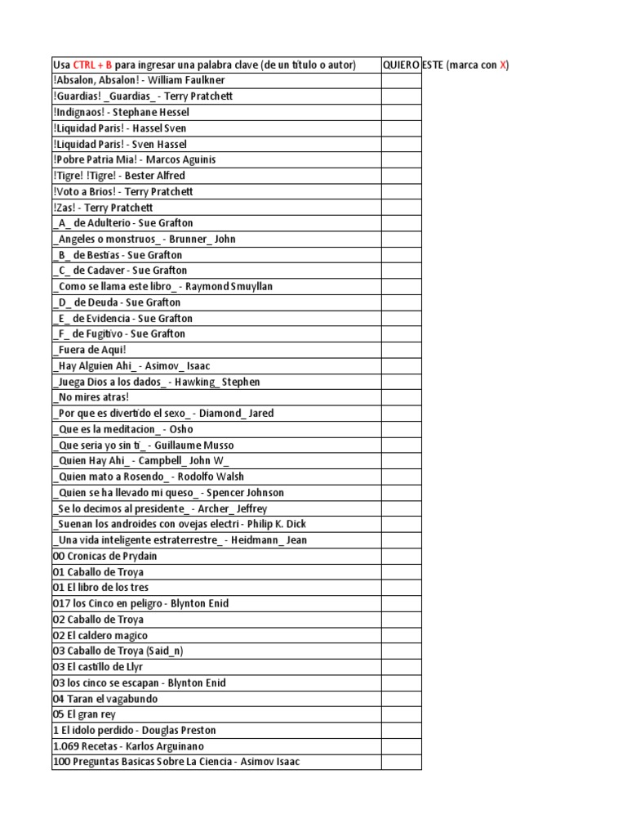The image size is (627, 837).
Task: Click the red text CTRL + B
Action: tap(91, 65)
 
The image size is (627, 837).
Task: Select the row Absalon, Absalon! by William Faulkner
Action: tap(139, 80)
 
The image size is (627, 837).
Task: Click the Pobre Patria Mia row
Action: tap(135, 159)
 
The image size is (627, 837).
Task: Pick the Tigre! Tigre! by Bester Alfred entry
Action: tap(119, 176)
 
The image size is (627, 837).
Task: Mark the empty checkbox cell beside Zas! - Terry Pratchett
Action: tap(401, 208)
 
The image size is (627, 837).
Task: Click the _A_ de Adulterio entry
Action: tap(123, 223)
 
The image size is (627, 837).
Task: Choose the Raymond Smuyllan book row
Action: tap(162, 286)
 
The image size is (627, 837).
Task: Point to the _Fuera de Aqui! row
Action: tap(91, 350)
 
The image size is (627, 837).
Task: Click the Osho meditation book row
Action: tap(123, 429)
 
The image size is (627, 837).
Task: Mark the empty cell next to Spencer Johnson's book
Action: tap(401, 493)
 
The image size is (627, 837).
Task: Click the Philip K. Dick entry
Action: tap(180, 524)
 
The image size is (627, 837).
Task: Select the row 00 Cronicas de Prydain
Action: tap(105, 556)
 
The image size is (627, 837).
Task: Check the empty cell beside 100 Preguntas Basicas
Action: tap(401, 762)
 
